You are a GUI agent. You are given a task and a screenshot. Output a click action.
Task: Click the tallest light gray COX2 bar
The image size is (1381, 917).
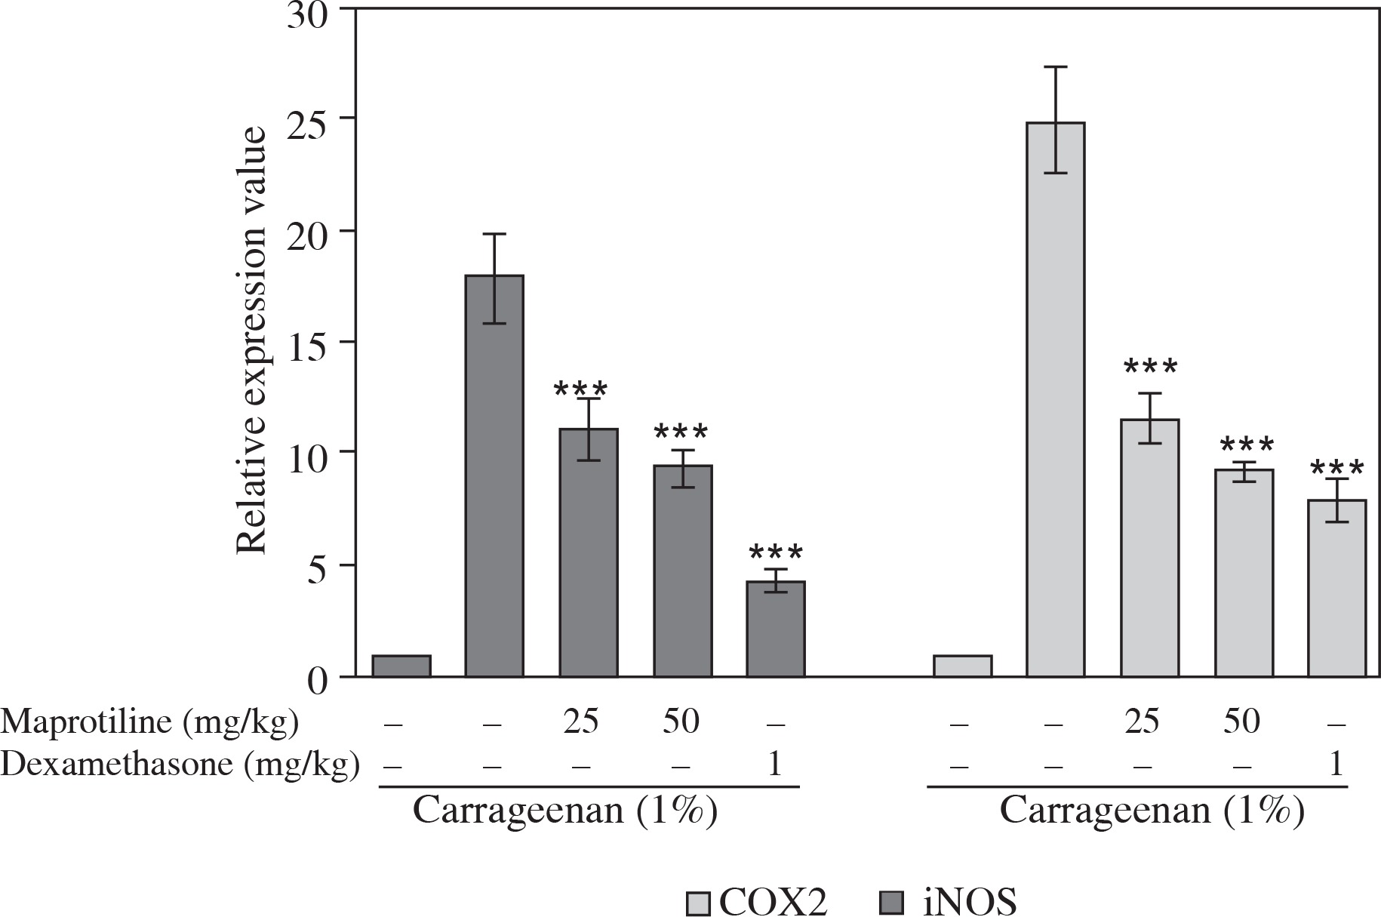pos(1056,399)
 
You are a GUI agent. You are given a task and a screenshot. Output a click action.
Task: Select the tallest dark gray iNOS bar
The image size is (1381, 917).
pos(494,476)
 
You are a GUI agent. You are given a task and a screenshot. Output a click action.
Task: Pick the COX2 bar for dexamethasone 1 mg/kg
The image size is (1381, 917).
pos(1336,588)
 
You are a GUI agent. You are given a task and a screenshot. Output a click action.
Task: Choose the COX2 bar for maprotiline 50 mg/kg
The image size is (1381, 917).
pos(1243,573)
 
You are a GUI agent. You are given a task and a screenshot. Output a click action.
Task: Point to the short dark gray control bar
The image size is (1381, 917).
pos(401,666)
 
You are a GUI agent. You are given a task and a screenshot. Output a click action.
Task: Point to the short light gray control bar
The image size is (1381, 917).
pos(962,666)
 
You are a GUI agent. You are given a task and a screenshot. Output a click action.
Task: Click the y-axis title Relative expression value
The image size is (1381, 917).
pos(252,340)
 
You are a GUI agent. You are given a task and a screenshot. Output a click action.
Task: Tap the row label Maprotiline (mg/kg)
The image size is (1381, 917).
pos(149,722)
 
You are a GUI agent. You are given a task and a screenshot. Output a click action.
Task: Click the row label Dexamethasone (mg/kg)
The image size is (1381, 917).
pos(180,765)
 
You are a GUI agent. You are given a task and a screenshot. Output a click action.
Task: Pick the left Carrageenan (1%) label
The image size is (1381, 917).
pos(564,812)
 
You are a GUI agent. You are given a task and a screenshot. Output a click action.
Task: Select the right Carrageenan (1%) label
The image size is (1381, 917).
pos(1152,812)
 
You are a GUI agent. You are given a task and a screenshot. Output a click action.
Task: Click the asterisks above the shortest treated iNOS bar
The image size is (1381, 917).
pos(775,552)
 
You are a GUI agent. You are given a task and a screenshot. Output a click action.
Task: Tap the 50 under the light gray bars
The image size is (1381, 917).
pos(1241,722)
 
